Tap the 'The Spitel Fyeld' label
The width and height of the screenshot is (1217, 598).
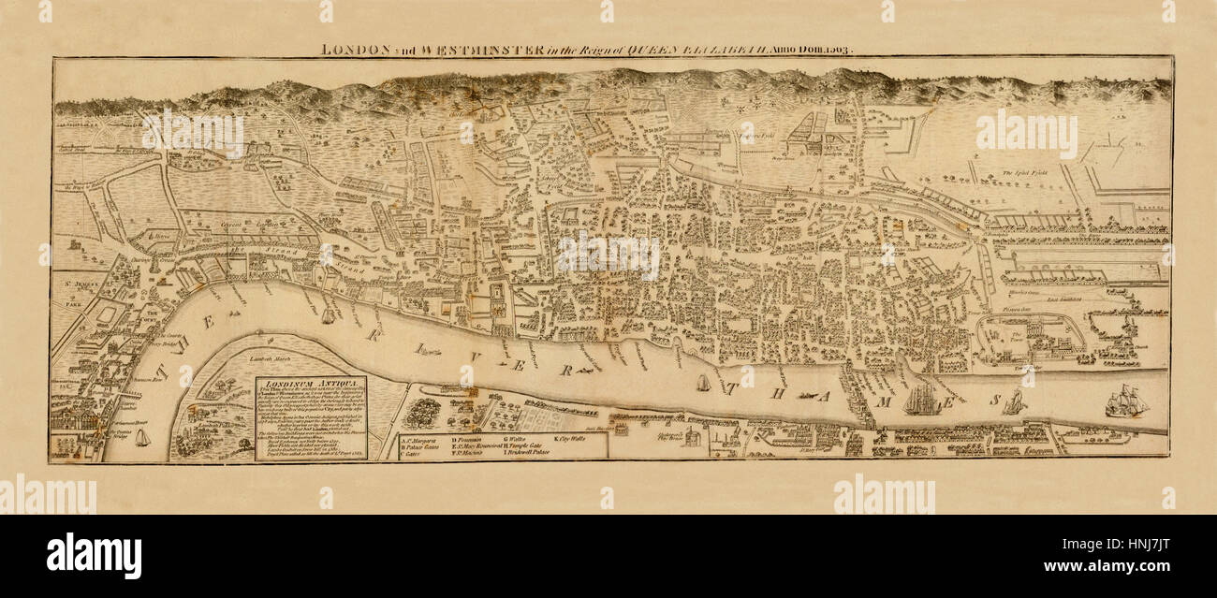[x=1022, y=172]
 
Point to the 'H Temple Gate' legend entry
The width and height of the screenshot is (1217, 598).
[x=531, y=445]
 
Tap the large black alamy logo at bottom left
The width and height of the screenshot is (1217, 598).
[x=94, y=556]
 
